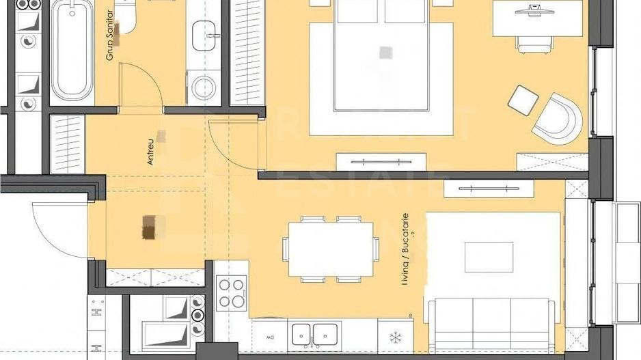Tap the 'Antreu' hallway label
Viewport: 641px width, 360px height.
pyautogui.click(x=150, y=153)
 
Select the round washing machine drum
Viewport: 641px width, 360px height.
pyautogui.click(x=204, y=88)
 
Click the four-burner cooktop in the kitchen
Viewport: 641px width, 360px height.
pyautogui.click(x=232, y=292)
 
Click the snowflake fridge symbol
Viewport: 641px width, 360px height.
pyautogui.click(x=394, y=337)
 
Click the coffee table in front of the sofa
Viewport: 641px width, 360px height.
pyautogui.click(x=489, y=257)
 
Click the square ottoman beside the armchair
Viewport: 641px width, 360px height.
pyautogui.click(x=523, y=100)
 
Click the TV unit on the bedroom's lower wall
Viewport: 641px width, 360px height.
pyautogui.click(x=381, y=162)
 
